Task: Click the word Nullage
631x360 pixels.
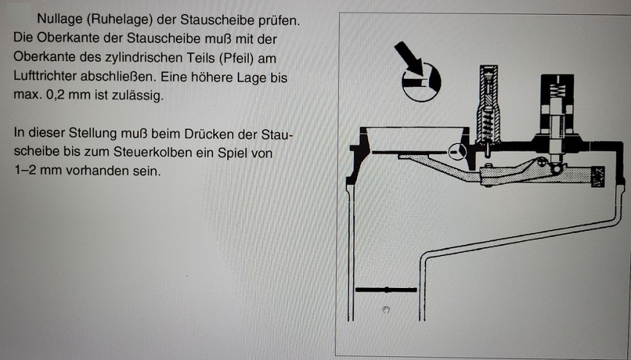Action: click(56, 19)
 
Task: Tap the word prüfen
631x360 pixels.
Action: click(279, 21)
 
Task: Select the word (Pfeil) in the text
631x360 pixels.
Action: click(237, 58)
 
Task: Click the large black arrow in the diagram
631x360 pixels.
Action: click(408, 57)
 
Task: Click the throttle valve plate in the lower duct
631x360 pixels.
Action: click(386, 289)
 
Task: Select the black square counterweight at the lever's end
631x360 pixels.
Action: click(598, 177)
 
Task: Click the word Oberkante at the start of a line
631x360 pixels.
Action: click(45, 57)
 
